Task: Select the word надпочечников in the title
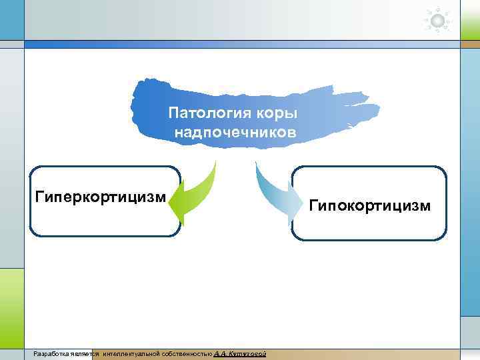pos(235,132)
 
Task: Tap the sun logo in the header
pos(438,21)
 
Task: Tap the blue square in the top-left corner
pos(11,19)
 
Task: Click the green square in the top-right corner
pos(469,19)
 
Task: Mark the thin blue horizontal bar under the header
pos(240,45)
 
